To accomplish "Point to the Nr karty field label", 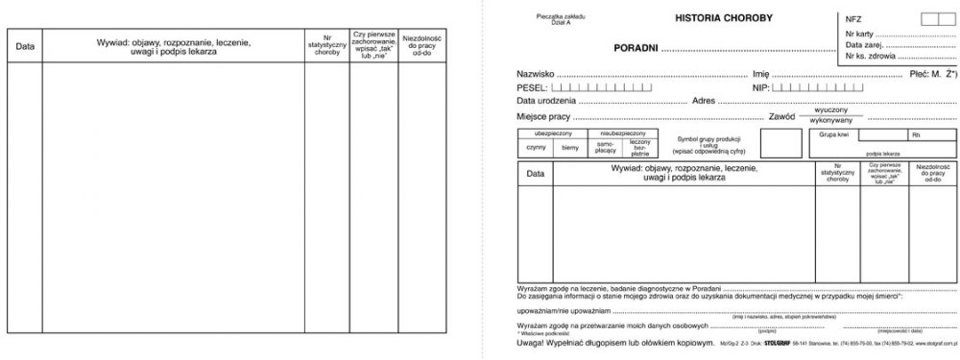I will (x=861, y=34).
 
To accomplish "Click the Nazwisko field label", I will (x=536, y=73).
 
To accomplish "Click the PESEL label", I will (x=532, y=86).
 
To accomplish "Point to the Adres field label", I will (x=706, y=100).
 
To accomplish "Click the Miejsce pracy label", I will (x=543, y=115).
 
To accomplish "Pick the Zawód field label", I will (x=784, y=115).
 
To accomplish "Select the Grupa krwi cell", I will (x=834, y=135).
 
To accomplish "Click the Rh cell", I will (x=916, y=135).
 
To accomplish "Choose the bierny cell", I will (x=570, y=147).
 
